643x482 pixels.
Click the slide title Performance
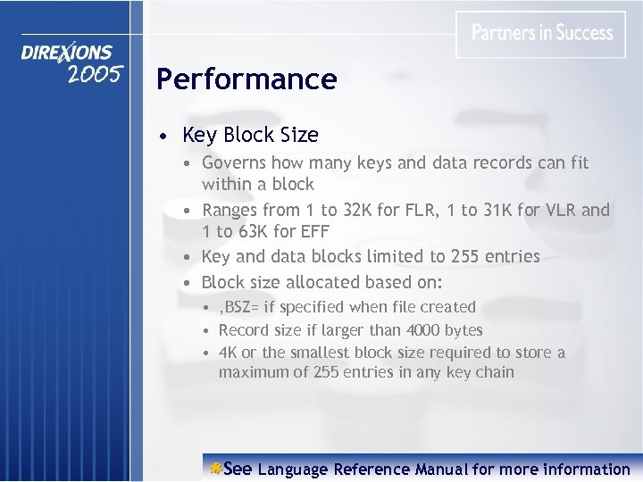246,79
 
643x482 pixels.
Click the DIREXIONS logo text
67,54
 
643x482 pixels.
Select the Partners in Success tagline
542,34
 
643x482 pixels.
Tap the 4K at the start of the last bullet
228,353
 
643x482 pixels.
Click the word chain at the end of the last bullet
495,371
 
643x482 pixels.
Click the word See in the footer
238,469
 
